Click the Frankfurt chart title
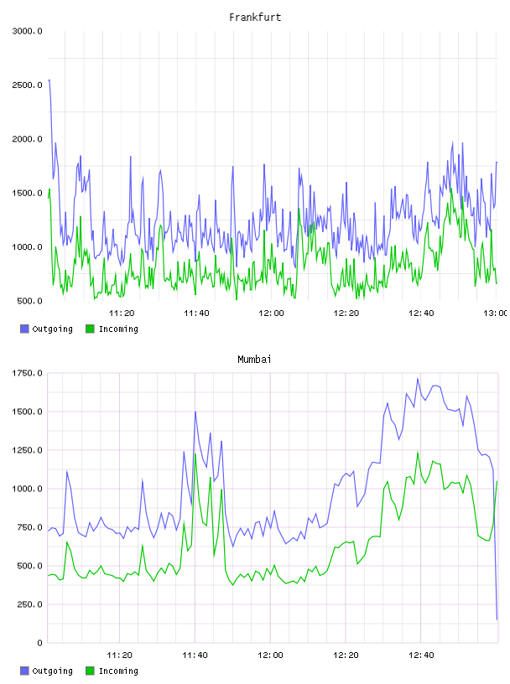[255, 17]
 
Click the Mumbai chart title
[254, 359]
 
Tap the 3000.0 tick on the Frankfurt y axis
[27, 31]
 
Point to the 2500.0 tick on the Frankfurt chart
[27, 85]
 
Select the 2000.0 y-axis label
[27, 139]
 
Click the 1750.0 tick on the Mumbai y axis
[27, 373]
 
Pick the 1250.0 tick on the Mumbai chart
[27, 450]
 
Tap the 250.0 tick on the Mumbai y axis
[29, 604]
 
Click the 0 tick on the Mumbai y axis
[39, 643]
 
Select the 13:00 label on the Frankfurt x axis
[495, 313]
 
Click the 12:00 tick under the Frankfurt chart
[271, 313]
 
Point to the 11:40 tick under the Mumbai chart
[195, 655]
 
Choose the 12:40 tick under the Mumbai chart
[421, 655]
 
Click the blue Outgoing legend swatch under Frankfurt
[24, 329]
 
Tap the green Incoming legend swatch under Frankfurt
[90, 329]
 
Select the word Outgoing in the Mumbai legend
[52, 671]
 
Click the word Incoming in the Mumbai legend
[118, 671]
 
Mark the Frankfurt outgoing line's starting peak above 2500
[49, 80]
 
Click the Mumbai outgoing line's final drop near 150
[497, 619]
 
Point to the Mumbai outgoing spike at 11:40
[195, 412]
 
